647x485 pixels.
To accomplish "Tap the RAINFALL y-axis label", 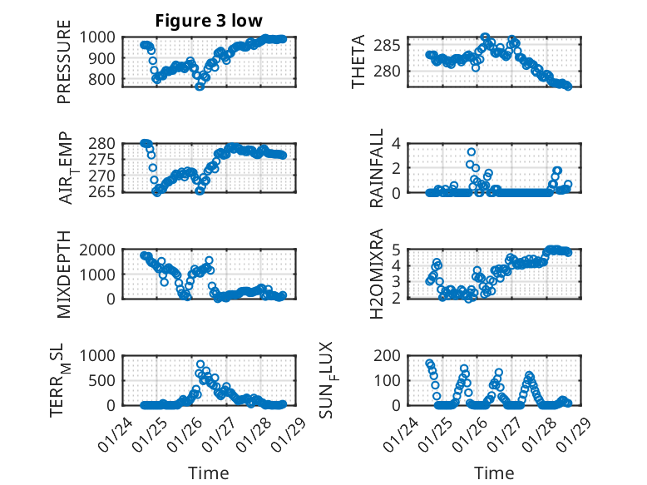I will pyautogui.click(x=377, y=167).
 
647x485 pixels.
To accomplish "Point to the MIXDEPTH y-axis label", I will pyautogui.click(x=64, y=273).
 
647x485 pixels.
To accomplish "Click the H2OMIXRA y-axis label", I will pyautogui.click(x=377, y=273).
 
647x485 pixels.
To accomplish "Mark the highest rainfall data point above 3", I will pyautogui.click(x=472, y=152).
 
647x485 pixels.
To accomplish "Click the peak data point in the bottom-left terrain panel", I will pyautogui.click(x=200, y=364).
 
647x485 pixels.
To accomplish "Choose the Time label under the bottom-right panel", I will pyautogui.click(x=494, y=473).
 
